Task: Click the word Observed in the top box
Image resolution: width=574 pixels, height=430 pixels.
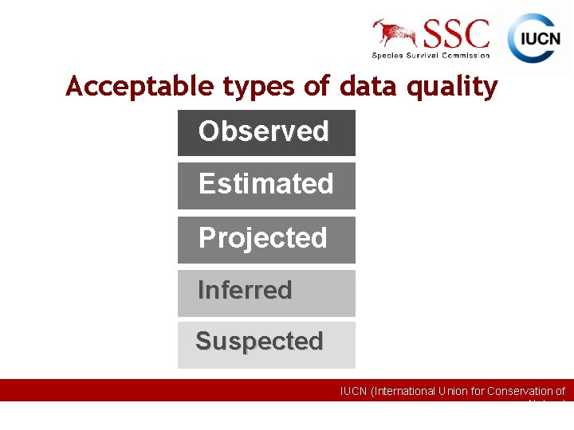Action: pyautogui.click(x=263, y=131)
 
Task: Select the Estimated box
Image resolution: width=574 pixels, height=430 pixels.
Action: pyautogui.click(x=265, y=184)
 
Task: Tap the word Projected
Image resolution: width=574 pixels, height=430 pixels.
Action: pyautogui.click(x=262, y=238)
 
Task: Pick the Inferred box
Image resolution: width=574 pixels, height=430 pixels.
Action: pyautogui.click(x=245, y=291)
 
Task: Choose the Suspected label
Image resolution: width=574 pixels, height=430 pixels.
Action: pyautogui.click(x=259, y=342)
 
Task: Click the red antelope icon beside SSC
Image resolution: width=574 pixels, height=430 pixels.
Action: pyautogui.click(x=396, y=33)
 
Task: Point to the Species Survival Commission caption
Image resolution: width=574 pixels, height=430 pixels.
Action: pyautogui.click(x=431, y=55)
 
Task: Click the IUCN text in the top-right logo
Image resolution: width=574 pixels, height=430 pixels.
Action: pyautogui.click(x=540, y=39)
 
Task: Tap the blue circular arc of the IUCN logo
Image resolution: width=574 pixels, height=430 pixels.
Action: pyautogui.click(x=518, y=24)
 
